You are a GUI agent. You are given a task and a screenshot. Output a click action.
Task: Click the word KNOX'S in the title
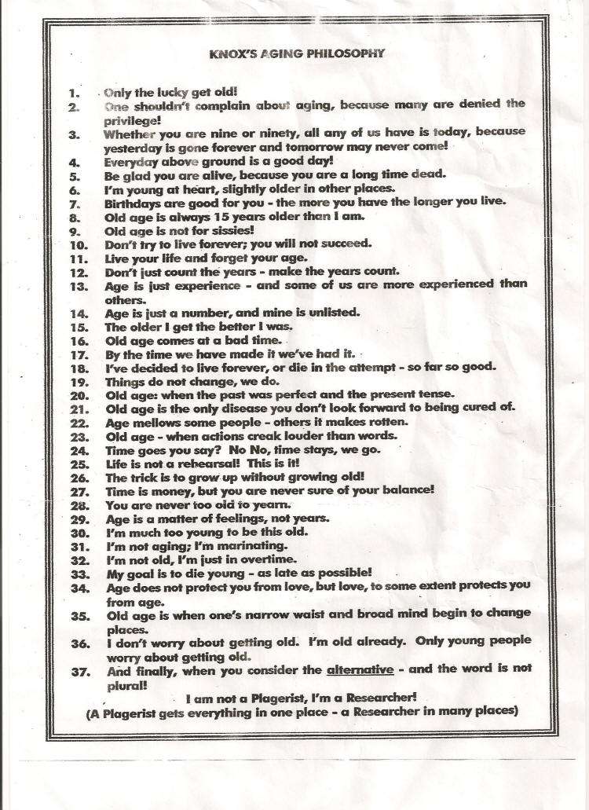pyautogui.click(x=232, y=54)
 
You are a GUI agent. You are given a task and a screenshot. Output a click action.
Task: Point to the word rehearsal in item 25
pyautogui.click(x=195, y=463)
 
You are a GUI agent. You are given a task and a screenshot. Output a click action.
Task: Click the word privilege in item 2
pyautogui.click(x=131, y=121)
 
